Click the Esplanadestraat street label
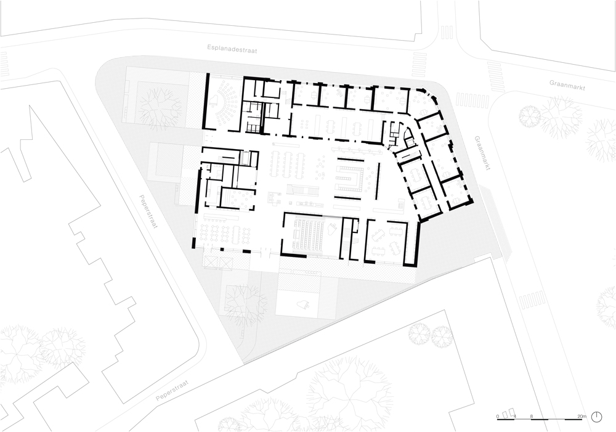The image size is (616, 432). coord(232,48)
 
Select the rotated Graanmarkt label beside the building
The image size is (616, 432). coord(483,153)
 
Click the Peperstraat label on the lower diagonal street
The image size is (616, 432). coord(172,390)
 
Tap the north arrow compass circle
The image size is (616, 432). coord(597,417)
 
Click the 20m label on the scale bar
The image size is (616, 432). coord(582,416)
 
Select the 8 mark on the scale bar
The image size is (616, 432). coord(532,416)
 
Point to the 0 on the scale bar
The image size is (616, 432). coord(498,416)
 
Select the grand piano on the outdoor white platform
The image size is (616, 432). coord(304,304)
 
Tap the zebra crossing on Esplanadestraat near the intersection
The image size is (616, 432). coord(419,65)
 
